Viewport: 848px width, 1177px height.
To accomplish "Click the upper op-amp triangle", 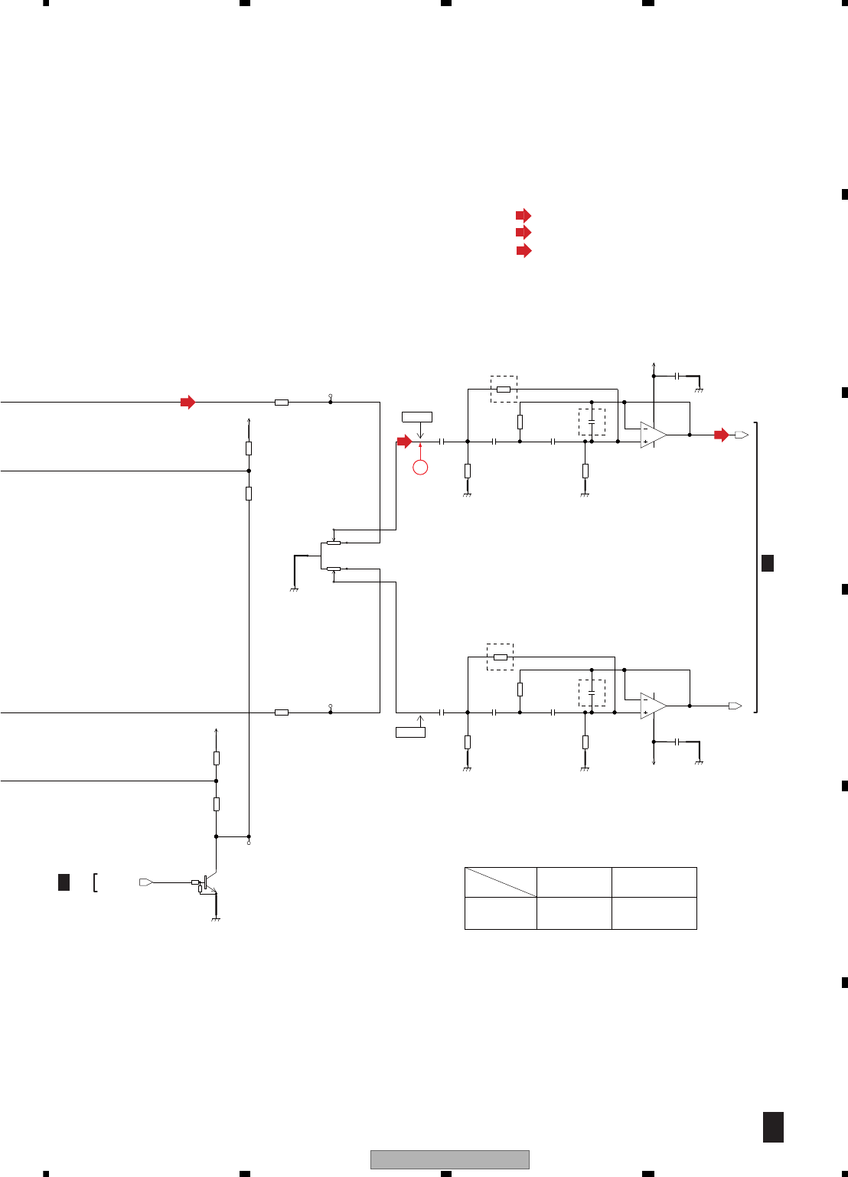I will click(x=652, y=435).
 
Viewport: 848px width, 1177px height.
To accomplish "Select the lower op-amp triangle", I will click(x=652, y=706).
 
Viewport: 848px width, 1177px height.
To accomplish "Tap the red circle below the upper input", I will click(x=420, y=467).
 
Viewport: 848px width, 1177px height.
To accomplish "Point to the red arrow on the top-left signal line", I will click(x=188, y=402).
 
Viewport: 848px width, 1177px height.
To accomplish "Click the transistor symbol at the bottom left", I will click(x=207, y=883).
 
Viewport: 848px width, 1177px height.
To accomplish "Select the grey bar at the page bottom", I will click(x=450, y=1159).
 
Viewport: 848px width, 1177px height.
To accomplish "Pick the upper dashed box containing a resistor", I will click(x=504, y=389).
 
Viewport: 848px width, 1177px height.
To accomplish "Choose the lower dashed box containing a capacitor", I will click(x=592, y=693).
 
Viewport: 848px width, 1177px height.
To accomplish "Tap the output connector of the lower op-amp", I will click(x=735, y=706).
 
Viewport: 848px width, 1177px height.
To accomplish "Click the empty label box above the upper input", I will click(x=417, y=417).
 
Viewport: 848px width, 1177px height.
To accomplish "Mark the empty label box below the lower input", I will click(x=410, y=732).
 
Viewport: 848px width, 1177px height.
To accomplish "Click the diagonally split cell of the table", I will click(x=501, y=882).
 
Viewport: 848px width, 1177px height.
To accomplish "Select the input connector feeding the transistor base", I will click(x=146, y=882).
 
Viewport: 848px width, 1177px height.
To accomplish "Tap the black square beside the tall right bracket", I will click(x=768, y=563).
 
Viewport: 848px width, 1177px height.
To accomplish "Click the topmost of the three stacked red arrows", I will click(x=523, y=215).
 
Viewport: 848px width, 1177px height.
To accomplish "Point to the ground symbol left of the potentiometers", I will click(x=294, y=590).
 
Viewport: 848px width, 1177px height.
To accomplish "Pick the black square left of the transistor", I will click(x=64, y=882).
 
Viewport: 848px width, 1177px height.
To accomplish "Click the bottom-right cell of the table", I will click(x=654, y=913).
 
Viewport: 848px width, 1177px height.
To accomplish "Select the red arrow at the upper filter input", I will click(x=404, y=442).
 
